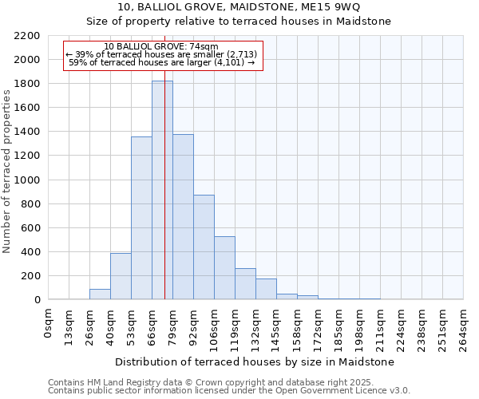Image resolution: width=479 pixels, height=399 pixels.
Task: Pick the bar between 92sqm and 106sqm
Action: tap(204, 247)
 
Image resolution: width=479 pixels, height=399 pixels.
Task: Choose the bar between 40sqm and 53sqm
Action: tap(121, 276)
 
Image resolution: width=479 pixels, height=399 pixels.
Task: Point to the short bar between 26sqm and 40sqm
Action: tap(100, 294)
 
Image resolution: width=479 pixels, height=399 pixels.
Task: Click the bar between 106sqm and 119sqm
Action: tap(224, 268)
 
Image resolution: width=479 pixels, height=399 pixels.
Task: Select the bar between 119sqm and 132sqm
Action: tap(245, 284)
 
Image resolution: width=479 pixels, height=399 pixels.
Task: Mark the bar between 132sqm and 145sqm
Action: tap(266, 289)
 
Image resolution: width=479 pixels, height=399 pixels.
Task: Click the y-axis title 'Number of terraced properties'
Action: tap(7, 172)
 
